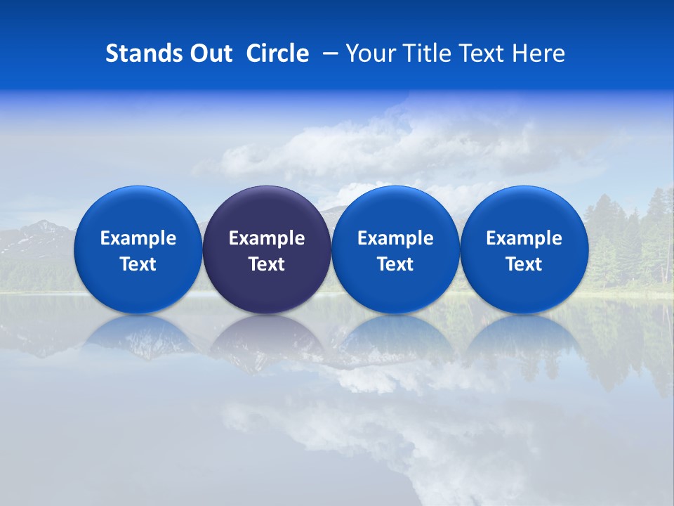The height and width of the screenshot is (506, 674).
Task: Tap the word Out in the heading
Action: pos(209,53)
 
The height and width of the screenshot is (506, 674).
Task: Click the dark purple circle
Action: pos(267,211)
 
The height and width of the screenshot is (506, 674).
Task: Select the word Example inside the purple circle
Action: pos(267,238)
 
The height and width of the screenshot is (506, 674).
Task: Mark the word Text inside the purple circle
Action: pos(267,264)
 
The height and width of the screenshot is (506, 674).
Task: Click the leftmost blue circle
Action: pos(138,211)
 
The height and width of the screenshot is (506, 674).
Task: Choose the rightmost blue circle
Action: pos(524,211)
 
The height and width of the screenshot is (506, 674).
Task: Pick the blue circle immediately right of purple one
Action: pos(395,211)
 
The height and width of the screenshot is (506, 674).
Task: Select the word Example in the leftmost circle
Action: pos(138,238)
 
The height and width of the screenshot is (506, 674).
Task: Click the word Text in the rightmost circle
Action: pos(524,264)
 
